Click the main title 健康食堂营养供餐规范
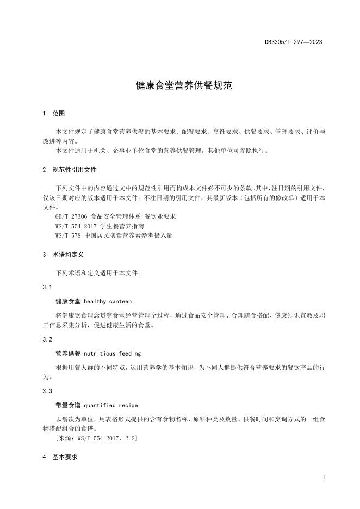point(179,86)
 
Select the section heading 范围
point(58,114)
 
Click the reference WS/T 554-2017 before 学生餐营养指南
point(77,226)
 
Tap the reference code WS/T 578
point(68,235)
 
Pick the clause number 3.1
point(47,287)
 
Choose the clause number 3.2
point(47,339)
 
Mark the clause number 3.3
point(47,391)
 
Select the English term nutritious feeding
point(112,353)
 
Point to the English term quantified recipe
point(111,405)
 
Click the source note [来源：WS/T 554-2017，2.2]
point(96,438)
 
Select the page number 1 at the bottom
point(324,477)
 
